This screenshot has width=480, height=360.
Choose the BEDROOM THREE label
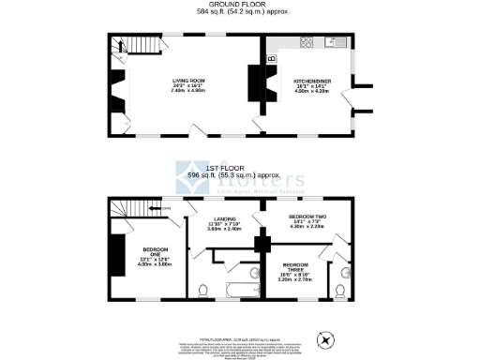(x=297, y=265)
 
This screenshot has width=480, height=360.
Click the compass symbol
(x=326, y=339)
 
